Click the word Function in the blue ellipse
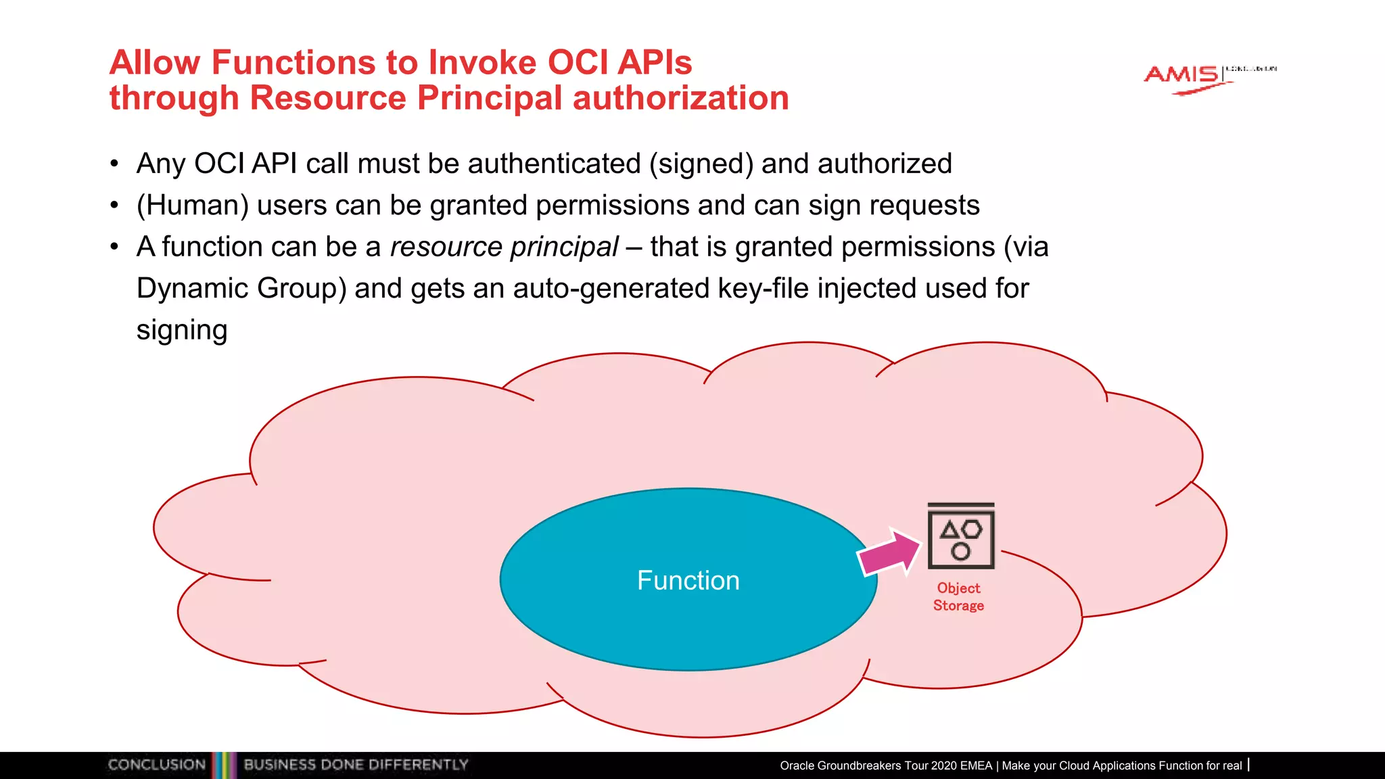pos(688,580)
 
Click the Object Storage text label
pos(958,596)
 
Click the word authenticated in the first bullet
pos(554,164)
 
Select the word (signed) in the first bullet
pos(701,164)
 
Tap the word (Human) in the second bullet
pos(193,205)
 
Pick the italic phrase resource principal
pos(504,247)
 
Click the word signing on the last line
pos(181,330)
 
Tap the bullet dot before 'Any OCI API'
pos(114,164)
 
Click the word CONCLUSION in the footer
pos(156,765)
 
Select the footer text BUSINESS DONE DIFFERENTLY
pos(356,765)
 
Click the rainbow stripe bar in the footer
pos(225,765)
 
